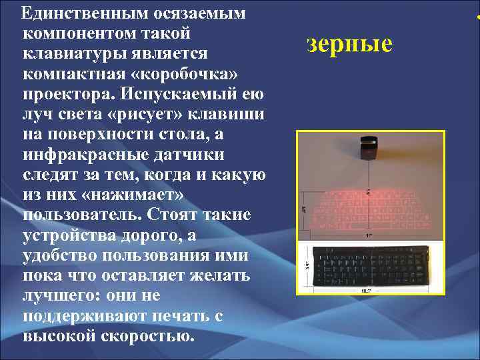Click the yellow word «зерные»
coord(349,45)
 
